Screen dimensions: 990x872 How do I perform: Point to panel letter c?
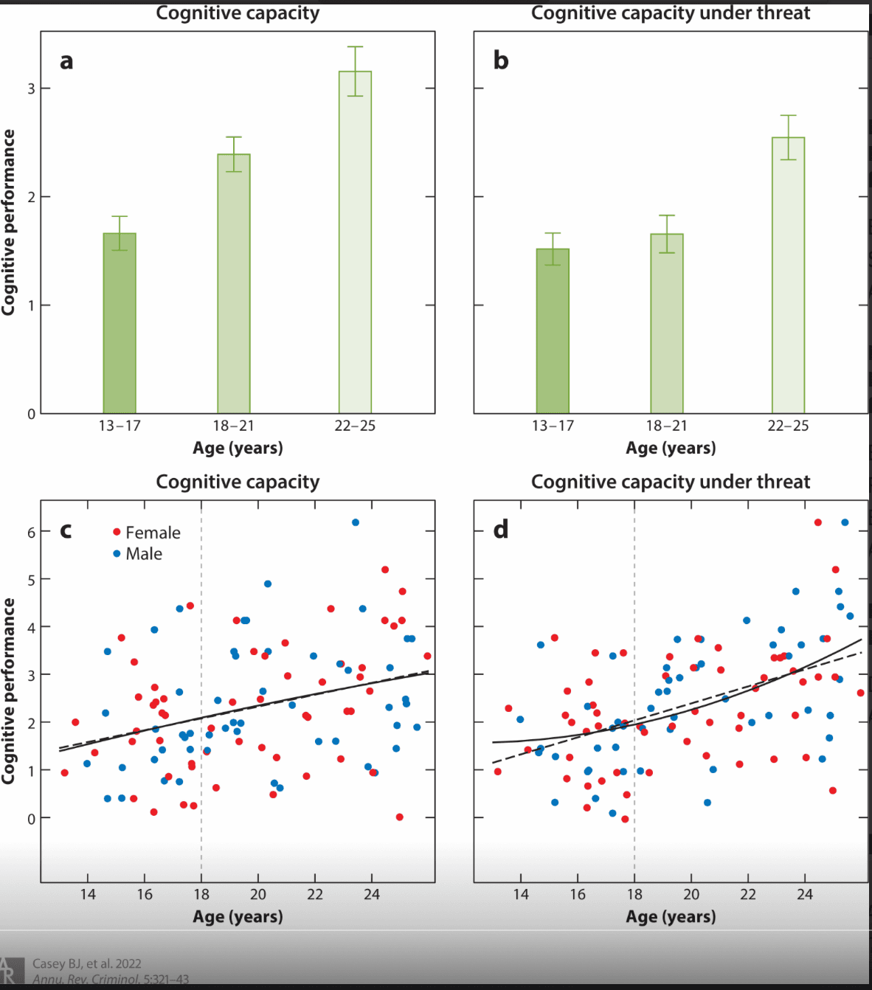pyautogui.click(x=66, y=530)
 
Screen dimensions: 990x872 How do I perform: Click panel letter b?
pyautogui.click(x=501, y=60)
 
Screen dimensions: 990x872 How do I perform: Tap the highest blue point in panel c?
pyautogui.click(x=356, y=522)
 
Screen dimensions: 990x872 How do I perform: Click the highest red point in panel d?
pyautogui.click(x=818, y=522)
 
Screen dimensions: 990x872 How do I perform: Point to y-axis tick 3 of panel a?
pyautogui.click(x=31, y=89)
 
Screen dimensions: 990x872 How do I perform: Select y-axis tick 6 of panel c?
pyautogui.click(x=31, y=533)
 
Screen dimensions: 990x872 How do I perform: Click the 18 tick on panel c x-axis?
pyautogui.click(x=201, y=895)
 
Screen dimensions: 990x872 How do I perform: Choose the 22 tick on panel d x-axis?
pyautogui.click(x=748, y=895)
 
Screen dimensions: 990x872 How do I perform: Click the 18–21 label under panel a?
pyautogui.click(x=233, y=426)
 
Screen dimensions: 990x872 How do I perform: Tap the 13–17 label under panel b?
pyautogui.click(x=553, y=426)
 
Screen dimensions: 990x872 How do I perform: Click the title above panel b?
pyautogui.click(x=671, y=13)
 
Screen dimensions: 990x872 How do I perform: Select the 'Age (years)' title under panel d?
pyautogui.click(x=671, y=917)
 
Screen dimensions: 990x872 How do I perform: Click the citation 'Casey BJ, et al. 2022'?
pyautogui.click(x=87, y=963)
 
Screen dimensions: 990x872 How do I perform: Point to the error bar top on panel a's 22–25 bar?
pyautogui.click(x=355, y=47)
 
